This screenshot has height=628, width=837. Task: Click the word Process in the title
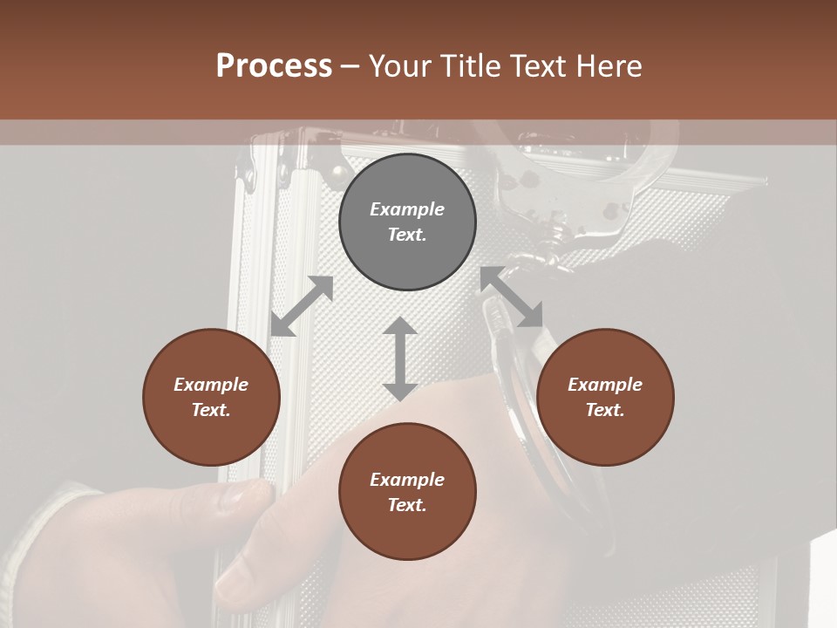pyautogui.click(x=274, y=66)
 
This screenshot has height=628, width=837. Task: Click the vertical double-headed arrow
pyautogui.click(x=400, y=358)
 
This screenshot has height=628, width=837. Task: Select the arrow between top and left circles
pyautogui.click(x=302, y=306)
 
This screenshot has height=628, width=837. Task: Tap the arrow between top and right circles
pyautogui.click(x=512, y=297)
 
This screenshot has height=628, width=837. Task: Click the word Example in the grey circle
pyautogui.click(x=407, y=209)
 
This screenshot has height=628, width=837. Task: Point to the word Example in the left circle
pyautogui.click(x=211, y=385)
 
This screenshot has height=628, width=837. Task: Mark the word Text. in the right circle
pyautogui.click(x=605, y=410)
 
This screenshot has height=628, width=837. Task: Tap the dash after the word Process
pyautogui.click(x=350, y=66)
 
